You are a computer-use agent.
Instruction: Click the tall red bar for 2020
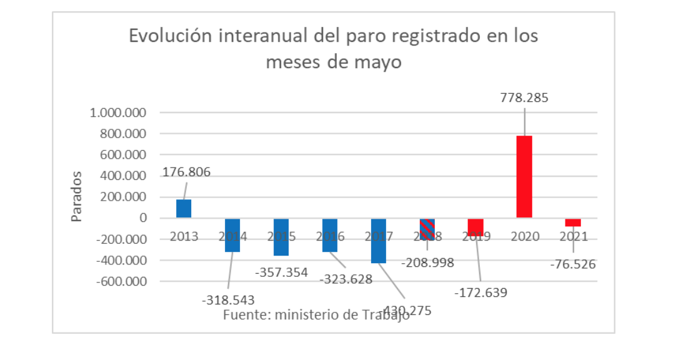524,176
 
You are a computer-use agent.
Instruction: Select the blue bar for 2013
184,208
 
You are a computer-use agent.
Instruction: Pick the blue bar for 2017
379,241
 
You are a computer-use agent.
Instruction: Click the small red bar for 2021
573,222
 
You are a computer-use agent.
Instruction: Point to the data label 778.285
524,98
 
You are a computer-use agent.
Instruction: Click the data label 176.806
187,171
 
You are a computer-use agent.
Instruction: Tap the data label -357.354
282,272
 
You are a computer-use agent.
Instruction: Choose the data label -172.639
480,292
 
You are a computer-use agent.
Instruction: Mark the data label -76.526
573,264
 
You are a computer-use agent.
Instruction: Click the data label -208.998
427,262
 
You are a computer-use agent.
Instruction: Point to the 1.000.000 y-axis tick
117,113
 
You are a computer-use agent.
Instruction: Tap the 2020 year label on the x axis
524,237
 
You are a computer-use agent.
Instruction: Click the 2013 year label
183,237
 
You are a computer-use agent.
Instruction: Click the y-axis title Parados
76,196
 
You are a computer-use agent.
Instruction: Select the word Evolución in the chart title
166,36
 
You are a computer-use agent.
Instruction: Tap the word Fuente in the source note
244,315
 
